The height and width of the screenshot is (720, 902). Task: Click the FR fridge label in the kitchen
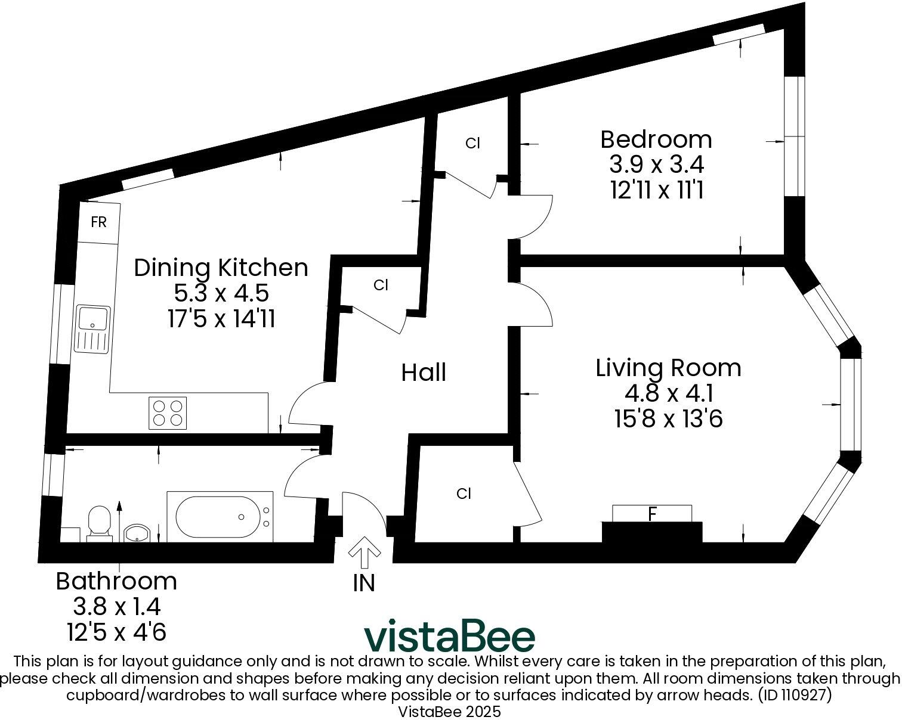pos(98,222)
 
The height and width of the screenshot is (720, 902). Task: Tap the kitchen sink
pos(92,329)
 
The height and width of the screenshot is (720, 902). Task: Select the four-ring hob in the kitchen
pos(167,412)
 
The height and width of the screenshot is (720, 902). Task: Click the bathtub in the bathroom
pos(220,517)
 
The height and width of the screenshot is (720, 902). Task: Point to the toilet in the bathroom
pos(98,523)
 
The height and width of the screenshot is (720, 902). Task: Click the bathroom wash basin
pos(137,532)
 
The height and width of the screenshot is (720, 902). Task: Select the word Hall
pos(424,373)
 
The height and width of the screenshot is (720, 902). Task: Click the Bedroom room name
pos(656,139)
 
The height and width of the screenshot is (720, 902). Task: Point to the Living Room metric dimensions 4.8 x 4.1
pos(669,393)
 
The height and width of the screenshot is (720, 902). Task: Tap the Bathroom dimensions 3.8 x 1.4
pos(116,607)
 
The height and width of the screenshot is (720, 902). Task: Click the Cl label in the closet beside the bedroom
pos(472,143)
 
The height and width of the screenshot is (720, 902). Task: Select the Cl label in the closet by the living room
pos(464,494)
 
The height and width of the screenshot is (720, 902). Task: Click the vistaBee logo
pos(450,637)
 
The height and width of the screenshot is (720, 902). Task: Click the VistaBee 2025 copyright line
pos(449,712)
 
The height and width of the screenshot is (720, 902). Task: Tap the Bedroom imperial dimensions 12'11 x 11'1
pos(657,190)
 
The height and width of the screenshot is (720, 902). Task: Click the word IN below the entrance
pos(364,583)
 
